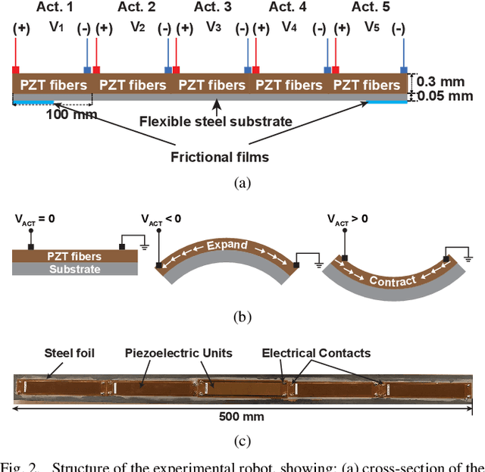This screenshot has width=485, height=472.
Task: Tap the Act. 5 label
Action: point(371,8)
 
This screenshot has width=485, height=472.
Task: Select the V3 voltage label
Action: point(214,27)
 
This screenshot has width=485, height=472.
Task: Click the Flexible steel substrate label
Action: point(216,120)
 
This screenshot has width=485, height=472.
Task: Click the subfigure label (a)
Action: point(242,183)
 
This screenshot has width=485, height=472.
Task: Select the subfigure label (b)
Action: point(242,317)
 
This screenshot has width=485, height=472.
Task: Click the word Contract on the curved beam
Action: point(393,280)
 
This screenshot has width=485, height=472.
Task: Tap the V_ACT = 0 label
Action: point(35,220)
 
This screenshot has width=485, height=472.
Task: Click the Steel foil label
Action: point(69,352)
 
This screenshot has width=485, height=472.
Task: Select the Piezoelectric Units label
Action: point(180,352)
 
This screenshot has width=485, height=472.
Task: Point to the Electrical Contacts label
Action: point(316,352)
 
